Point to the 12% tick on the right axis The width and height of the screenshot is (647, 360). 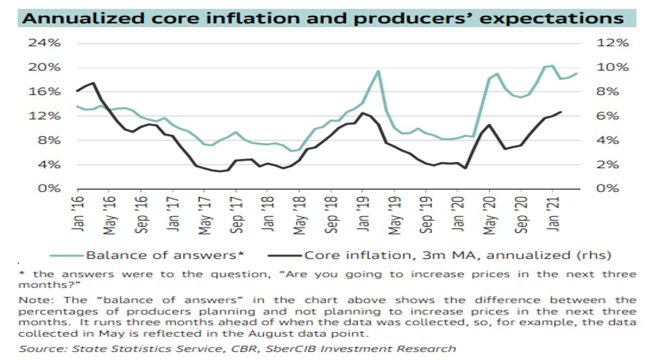coord(612,43)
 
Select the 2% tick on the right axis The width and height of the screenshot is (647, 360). coord(612,165)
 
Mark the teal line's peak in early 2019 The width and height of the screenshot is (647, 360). coord(378,71)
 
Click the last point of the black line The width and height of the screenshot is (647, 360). coord(560,112)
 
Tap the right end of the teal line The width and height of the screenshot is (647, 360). coord(577,73)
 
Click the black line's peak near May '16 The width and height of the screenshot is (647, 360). coord(93,83)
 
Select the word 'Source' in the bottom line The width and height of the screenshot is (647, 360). coord(37,349)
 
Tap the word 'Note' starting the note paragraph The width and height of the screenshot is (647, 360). coord(31,300)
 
